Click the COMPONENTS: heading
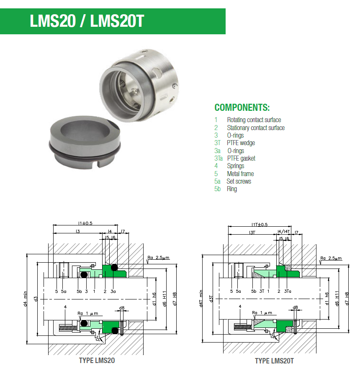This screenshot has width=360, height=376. [x=242, y=107]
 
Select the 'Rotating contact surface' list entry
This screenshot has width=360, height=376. [x=254, y=120]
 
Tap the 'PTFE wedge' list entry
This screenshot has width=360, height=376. [x=241, y=143]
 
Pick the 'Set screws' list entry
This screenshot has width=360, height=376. [x=239, y=181]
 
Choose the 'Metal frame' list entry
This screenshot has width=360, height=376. [x=240, y=174]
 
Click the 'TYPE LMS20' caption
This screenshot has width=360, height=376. [x=97, y=361]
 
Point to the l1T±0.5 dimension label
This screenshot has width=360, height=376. [x=260, y=225]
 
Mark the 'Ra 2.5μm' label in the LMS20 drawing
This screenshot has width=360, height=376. [x=158, y=258]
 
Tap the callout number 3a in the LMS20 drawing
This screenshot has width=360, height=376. [x=113, y=291]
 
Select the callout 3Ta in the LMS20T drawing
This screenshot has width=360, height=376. [x=288, y=291]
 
